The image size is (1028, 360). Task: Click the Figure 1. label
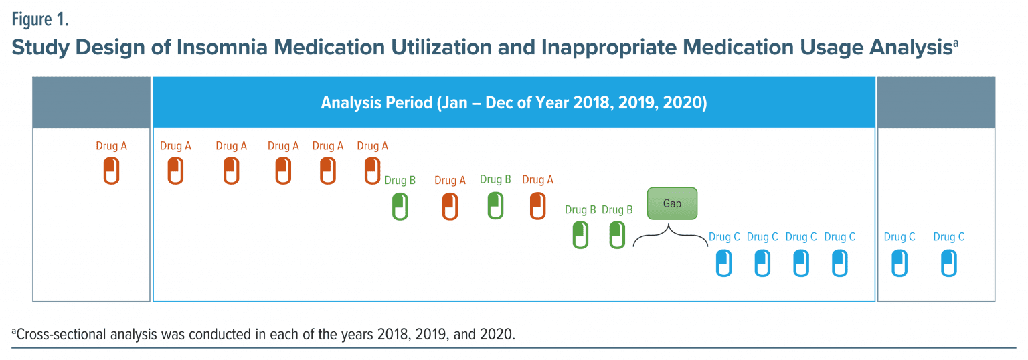(40, 20)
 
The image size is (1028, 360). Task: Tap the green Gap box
(672, 203)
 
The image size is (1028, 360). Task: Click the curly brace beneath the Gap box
(671, 236)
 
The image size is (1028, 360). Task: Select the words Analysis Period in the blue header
(376, 103)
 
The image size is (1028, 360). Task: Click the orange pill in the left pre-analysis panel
(111, 171)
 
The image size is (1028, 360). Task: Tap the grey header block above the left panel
(92, 102)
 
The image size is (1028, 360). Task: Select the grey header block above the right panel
(936, 102)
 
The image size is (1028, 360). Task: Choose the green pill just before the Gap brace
(617, 235)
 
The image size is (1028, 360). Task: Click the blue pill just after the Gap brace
(723, 263)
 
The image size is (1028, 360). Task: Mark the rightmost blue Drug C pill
(948, 263)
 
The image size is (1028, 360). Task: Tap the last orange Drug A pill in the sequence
(537, 205)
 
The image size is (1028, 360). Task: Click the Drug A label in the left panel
(111, 146)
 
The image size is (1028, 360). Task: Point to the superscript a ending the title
(956, 43)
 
